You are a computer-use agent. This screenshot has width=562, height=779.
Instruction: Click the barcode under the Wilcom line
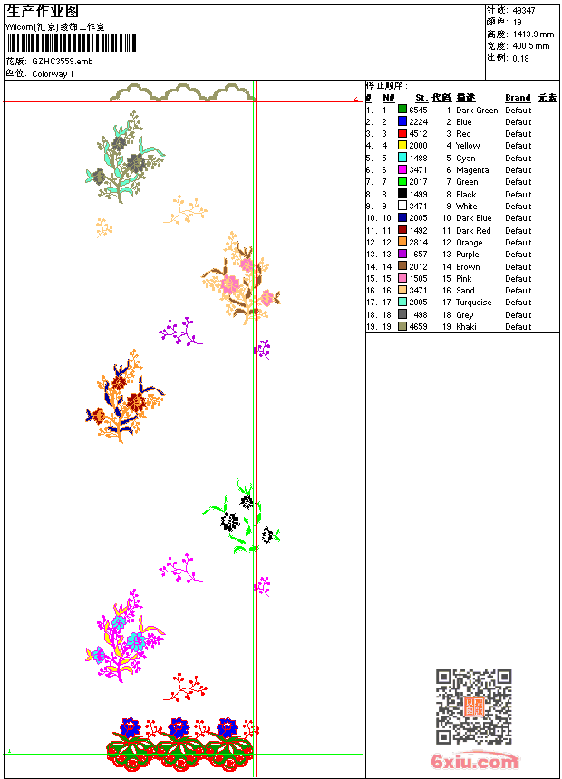72,43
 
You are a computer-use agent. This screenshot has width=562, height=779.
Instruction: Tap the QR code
473,707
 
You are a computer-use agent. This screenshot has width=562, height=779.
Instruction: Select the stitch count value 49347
524,10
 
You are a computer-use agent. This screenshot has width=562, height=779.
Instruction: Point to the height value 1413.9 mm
533,34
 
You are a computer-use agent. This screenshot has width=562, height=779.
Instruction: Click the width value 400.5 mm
531,45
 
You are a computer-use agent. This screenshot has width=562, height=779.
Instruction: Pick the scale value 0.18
520,57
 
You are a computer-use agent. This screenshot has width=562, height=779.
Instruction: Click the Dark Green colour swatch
402,110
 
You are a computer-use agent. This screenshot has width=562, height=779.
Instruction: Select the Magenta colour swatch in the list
402,169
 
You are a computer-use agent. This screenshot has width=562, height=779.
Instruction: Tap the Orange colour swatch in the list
402,242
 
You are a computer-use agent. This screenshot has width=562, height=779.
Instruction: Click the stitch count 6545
418,110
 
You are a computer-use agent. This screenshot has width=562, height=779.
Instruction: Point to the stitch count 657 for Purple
420,255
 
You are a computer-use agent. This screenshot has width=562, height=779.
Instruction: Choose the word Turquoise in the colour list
474,303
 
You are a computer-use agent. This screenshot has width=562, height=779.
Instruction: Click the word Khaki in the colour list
466,326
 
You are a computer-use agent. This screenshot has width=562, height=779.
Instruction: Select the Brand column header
518,98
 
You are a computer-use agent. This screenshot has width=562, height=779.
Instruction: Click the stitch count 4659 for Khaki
418,326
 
